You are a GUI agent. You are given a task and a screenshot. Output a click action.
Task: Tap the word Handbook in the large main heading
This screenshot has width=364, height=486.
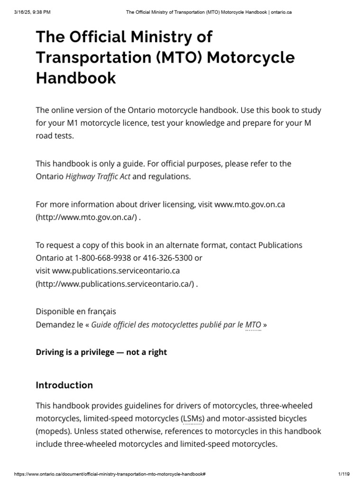[x=76, y=77]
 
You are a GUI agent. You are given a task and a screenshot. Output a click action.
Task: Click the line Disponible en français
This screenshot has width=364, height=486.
[x=76, y=311]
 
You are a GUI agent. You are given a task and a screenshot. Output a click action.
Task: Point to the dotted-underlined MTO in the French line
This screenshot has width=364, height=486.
[x=253, y=325]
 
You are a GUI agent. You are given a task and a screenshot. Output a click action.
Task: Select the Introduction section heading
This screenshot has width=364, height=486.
[x=64, y=385]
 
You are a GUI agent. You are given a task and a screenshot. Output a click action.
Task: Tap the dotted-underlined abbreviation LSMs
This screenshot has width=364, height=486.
[x=192, y=419]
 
